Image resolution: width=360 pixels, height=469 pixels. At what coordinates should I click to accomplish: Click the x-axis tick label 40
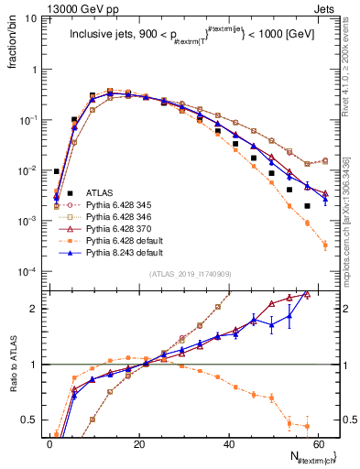[x=226, y=442]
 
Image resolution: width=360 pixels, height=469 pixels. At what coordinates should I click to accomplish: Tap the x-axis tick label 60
[x=316, y=442]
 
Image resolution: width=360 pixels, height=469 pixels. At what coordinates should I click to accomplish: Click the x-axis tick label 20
[x=137, y=442]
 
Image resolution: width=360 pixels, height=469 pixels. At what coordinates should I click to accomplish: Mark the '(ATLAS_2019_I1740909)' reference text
[x=188, y=274]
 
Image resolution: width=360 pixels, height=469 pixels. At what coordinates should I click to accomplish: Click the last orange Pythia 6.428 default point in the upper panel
[x=325, y=245]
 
